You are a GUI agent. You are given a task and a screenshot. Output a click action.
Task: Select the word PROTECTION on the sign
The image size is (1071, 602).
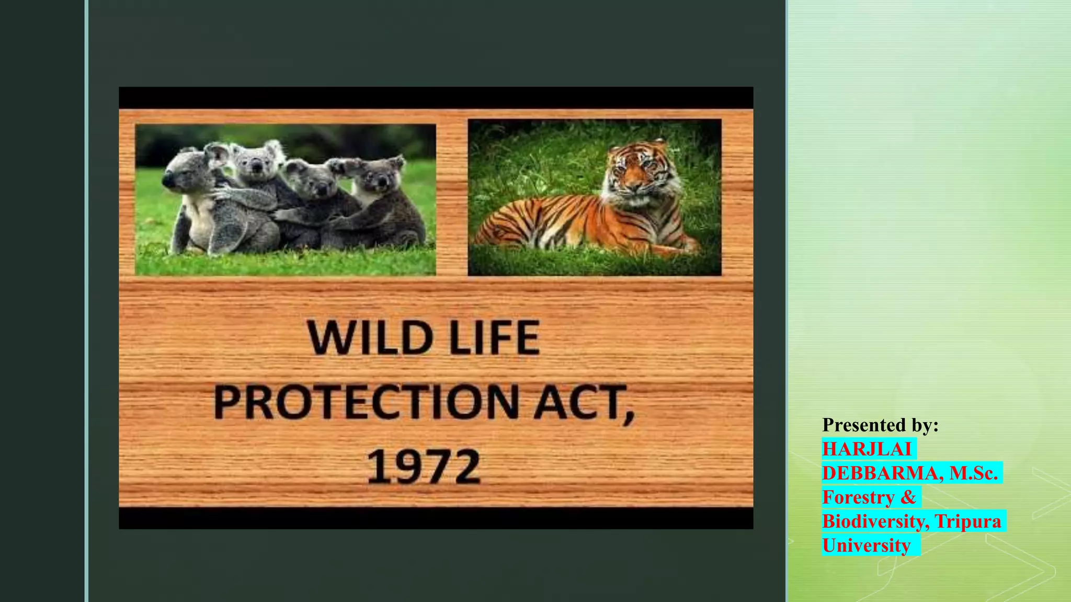point(366,402)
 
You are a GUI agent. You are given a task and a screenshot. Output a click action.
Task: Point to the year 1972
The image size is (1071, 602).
point(423,466)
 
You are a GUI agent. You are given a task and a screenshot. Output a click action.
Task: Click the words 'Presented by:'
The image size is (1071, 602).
point(880,425)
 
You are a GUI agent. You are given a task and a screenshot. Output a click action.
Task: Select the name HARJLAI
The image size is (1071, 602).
point(867,449)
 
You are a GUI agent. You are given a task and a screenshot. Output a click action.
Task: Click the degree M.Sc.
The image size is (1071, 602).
point(973,473)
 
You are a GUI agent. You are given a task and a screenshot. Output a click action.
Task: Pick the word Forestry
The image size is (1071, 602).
point(858,497)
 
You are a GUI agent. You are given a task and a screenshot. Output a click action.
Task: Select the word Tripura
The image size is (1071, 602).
point(967,521)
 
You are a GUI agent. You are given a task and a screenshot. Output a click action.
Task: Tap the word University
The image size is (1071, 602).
point(866,545)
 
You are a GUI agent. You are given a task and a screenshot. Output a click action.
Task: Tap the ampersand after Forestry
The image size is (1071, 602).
point(908,497)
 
